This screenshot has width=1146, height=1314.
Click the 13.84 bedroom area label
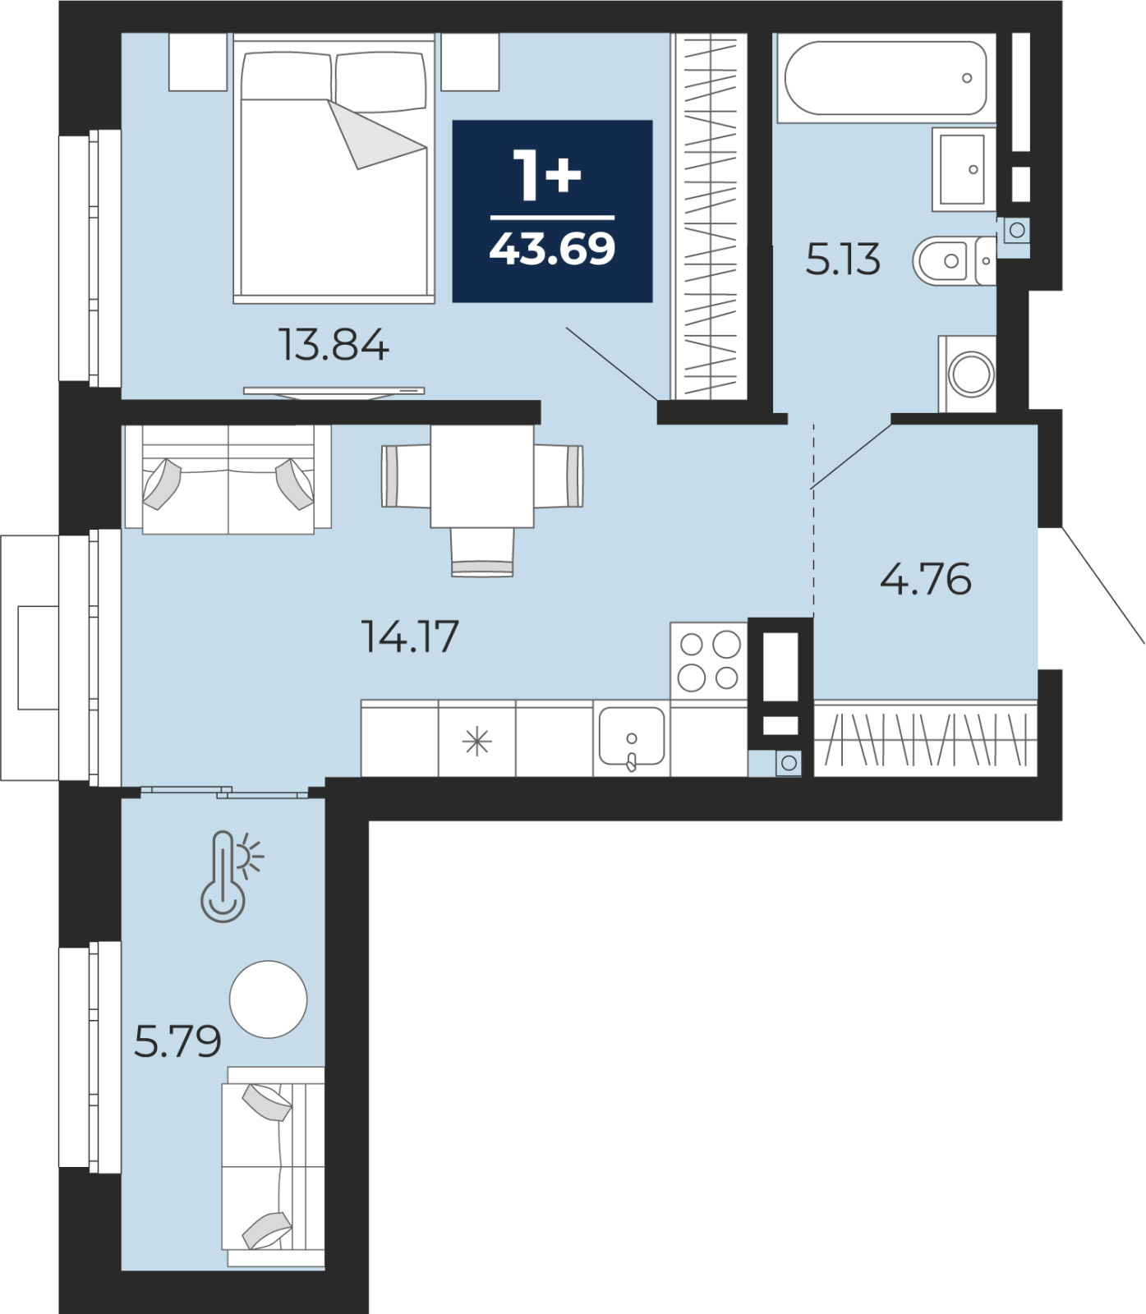(x=334, y=345)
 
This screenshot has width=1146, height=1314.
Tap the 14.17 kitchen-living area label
(x=410, y=636)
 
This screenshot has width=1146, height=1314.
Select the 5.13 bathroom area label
(x=843, y=260)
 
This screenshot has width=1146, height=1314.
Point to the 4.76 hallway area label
(x=926, y=579)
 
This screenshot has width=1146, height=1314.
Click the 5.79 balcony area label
(x=177, y=1041)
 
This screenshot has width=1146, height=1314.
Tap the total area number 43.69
(x=552, y=249)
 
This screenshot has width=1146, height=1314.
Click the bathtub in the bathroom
(x=886, y=78)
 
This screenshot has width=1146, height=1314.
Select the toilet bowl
(x=954, y=261)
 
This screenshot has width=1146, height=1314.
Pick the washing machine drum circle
(x=971, y=374)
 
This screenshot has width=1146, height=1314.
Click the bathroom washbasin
(x=963, y=169)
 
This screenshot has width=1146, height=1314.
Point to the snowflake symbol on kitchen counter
(x=476, y=743)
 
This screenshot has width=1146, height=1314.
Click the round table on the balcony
(x=268, y=999)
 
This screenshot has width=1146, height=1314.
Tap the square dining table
(x=482, y=476)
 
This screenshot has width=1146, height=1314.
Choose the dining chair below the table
(x=482, y=552)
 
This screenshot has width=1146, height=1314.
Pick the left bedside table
(x=198, y=62)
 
